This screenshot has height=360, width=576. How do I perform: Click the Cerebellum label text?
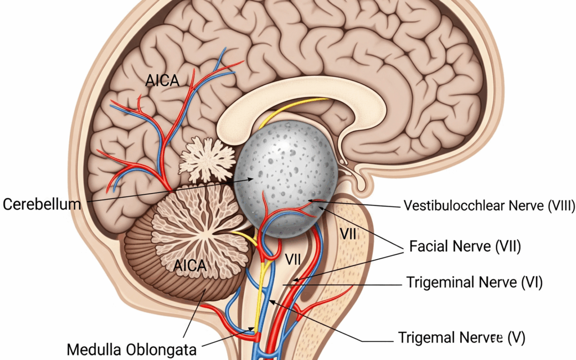pyautogui.click(x=42, y=204)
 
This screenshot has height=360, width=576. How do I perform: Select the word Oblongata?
pyautogui.click(x=162, y=350)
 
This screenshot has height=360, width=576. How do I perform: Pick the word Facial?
pyautogui.click(x=431, y=246)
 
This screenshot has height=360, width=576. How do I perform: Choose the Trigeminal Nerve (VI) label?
pyautogui.click(x=474, y=283)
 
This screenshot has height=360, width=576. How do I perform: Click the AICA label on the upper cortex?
pyautogui.click(x=162, y=81)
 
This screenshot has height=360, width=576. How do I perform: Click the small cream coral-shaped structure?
pyautogui.click(x=207, y=159)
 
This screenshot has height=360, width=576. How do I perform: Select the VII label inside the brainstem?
pyautogui.click(x=293, y=260)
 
